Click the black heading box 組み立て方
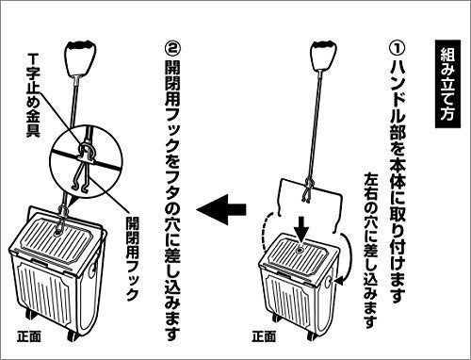tap(447, 84)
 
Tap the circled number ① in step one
tap(398, 48)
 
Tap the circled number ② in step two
tap(173, 48)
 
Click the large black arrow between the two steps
tap(221, 209)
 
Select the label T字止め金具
tap(33, 94)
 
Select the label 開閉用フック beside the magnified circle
tap(132, 258)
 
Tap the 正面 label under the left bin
tap(29, 336)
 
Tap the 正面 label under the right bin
tap(264, 336)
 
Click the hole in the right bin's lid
tap(299, 250)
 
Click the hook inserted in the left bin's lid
tap(61, 220)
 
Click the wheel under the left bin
tap(73, 336)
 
